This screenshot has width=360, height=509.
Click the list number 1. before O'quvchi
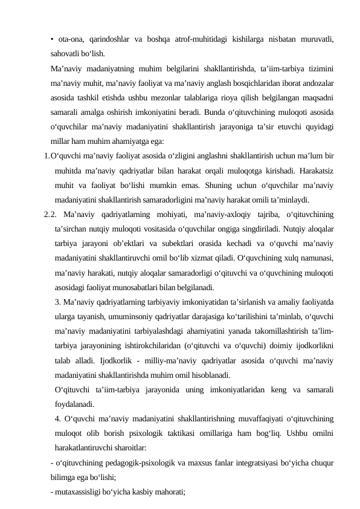(x=47, y=156)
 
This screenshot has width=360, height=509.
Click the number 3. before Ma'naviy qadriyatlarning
(x=57, y=301)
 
